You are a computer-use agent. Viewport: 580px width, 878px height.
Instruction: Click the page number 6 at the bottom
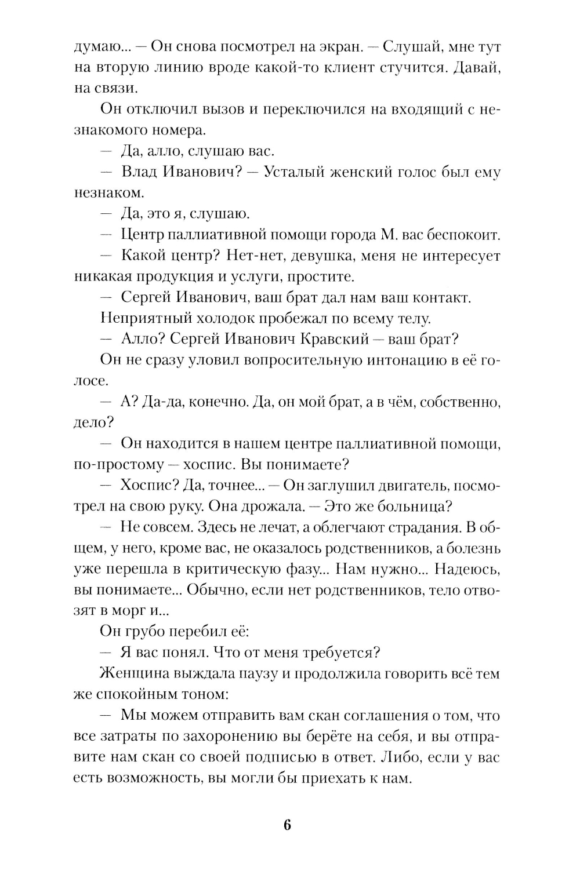tap(288, 825)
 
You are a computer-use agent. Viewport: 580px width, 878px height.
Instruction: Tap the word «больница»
tap(414, 506)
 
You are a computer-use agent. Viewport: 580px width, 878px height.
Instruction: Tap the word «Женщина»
tap(134, 673)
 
